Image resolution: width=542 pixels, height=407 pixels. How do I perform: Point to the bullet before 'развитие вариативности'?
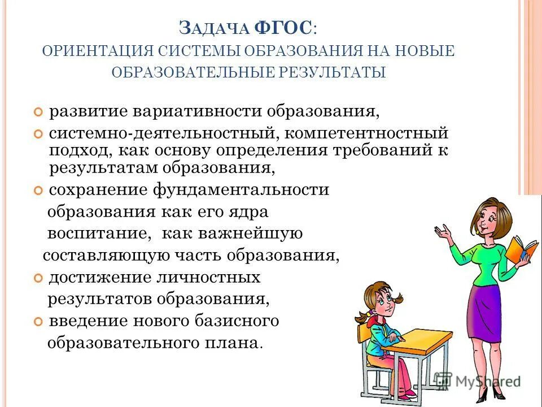point(38,111)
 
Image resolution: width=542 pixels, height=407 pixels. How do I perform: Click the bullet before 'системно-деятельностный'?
point(38,135)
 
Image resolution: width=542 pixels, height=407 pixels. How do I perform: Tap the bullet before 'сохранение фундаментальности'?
point(38,190)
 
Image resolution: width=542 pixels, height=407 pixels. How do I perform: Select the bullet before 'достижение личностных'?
point(38,278)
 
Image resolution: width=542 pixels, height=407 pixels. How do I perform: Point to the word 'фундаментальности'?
point(241,190)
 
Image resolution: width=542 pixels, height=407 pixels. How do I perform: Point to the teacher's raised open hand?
point(444,231)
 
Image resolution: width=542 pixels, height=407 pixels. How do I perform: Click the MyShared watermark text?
point(488,380)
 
